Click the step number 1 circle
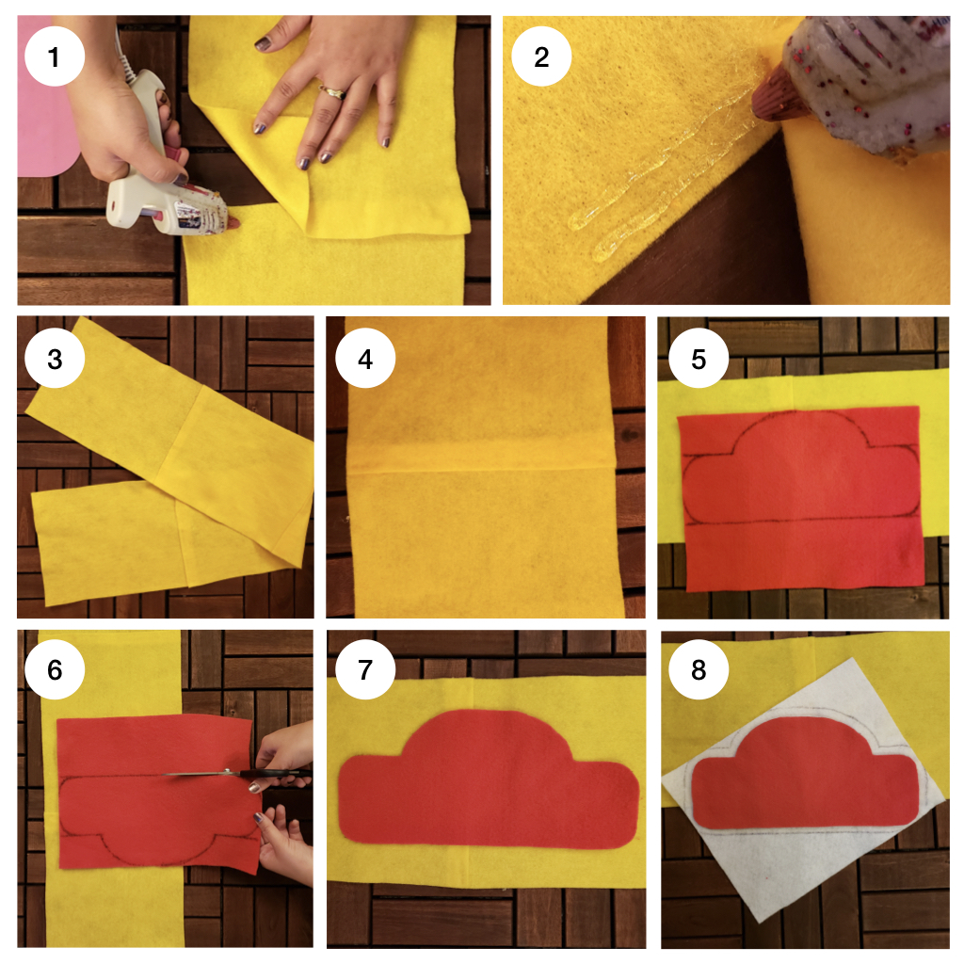pos(54,56)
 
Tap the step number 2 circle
pos(541,56)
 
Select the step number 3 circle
pos(54,359)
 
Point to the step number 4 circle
pos(365,359)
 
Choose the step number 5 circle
pos(699,359)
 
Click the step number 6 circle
pos(54,669)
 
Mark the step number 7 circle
pos(365,669)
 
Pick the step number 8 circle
pos(699,669)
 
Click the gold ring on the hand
pos(332,92)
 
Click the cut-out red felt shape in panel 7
pos(489,780)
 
